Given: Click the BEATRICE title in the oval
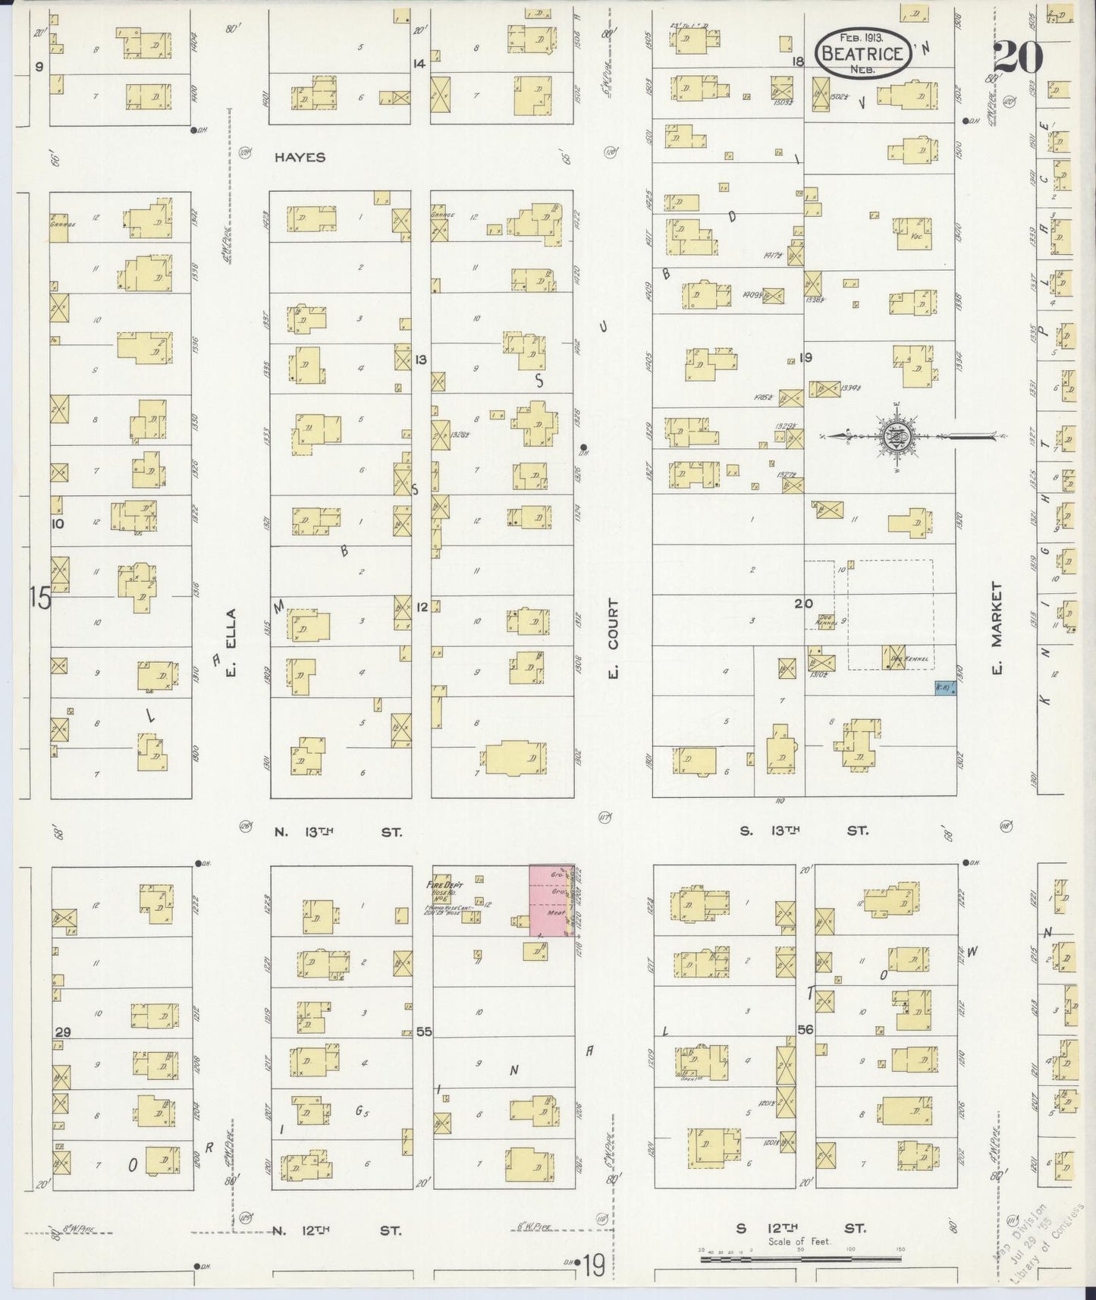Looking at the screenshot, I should tap(862, 53).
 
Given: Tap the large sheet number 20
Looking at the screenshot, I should tap(1016, 57).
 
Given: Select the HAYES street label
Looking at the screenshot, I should tap(300, 157).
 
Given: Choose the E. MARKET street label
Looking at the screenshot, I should tap(997, 627).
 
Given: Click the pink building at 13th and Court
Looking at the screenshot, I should tap(551, 900).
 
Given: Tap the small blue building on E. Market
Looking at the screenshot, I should tap(944, 688).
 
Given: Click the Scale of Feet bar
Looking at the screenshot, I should tap(799, 1259).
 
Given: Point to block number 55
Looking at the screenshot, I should tap(423, 1032).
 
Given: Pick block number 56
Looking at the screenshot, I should tap(805, 1029).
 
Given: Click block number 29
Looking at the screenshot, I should tap(63, 1032).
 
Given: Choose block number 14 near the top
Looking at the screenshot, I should tap(419, 64).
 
